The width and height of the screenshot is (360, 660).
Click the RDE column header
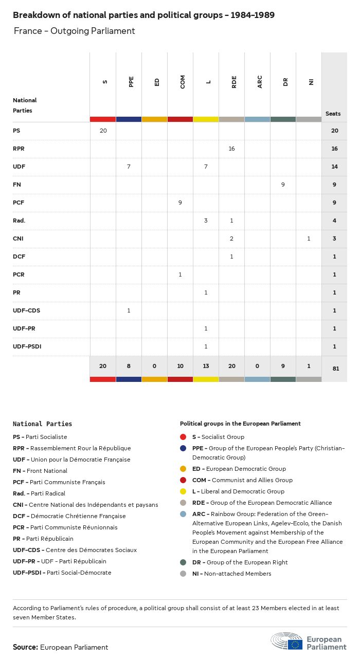click(234, 82)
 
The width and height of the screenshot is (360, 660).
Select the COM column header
click(183, 82)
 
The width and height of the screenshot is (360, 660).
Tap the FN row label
click(17, 185)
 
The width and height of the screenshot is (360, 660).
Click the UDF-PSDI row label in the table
click(27, 346)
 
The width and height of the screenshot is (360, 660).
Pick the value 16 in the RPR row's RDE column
click(231, 149)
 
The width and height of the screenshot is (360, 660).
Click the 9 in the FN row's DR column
click(283, 185)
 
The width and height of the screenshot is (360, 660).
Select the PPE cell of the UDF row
click(129, 167)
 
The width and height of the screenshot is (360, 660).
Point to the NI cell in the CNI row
click(309, 239)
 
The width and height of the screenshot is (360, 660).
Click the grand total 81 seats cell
click(334, 369)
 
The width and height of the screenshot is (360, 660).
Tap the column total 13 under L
click(206, 366)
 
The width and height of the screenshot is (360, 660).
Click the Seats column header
click(333, 114)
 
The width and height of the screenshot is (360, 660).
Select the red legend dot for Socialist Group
click(183, 437)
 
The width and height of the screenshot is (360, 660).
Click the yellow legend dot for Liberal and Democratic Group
click(183, 491)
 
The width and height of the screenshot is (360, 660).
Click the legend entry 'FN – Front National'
click(40, 471)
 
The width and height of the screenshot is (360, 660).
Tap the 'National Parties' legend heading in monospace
click(42, 424)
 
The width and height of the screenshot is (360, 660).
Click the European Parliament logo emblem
click(287, 641)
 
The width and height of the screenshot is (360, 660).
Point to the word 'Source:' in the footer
click(25, 647)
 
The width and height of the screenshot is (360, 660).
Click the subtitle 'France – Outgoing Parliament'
click(74, 31)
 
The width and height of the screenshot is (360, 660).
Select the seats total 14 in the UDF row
click(334, 167)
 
